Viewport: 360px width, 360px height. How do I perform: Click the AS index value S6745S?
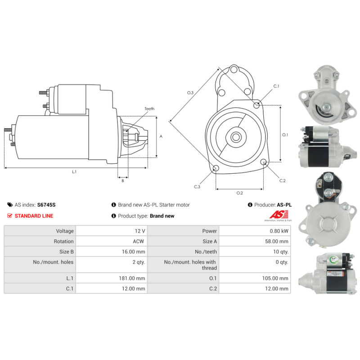coord(46,205)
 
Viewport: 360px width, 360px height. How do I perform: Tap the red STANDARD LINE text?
coord(34,216)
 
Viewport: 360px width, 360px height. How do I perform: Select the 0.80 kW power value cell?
coord(255,231)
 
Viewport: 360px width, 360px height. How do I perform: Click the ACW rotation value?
coord(139,241)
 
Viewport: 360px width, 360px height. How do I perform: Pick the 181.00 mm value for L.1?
coord(132,278)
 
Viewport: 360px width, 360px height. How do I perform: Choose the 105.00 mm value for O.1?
coord(275,278)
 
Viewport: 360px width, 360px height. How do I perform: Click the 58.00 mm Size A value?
coord(277,241)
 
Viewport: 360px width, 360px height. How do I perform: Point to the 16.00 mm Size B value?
coord(133,252)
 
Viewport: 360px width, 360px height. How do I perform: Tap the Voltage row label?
coord(65,231)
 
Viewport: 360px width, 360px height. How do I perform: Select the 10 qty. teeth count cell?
coord(255,252)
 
